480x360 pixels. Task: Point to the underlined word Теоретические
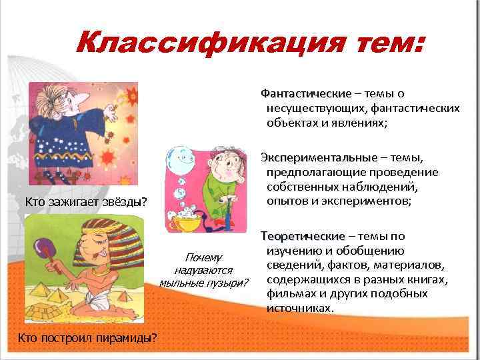(x=303, y=237)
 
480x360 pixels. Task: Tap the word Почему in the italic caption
(x=203, y=257)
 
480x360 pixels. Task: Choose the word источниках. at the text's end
(x=299, y=309)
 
